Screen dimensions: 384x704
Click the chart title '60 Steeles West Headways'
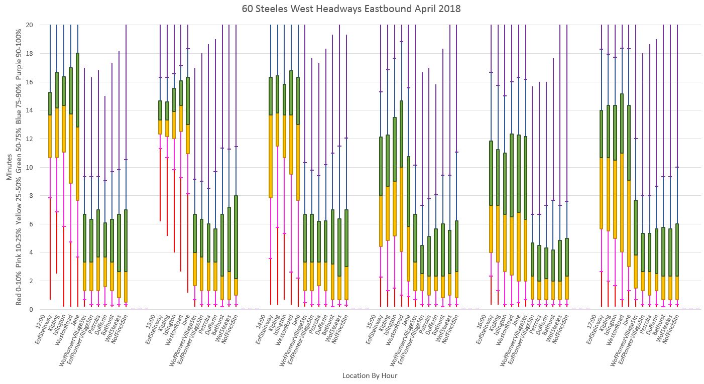click(351, 9)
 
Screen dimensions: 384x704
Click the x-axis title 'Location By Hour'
click(370, 375)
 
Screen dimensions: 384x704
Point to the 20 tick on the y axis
click(30, 25)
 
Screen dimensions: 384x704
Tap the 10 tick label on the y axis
click(30, 167)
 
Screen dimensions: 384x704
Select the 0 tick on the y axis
click(31, 309)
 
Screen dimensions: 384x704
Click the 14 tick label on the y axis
click(30, 110)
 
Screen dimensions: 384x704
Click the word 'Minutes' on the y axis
click(10, 167)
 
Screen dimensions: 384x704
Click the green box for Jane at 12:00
click(78, 90)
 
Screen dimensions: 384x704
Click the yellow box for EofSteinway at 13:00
click(160, 127)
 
